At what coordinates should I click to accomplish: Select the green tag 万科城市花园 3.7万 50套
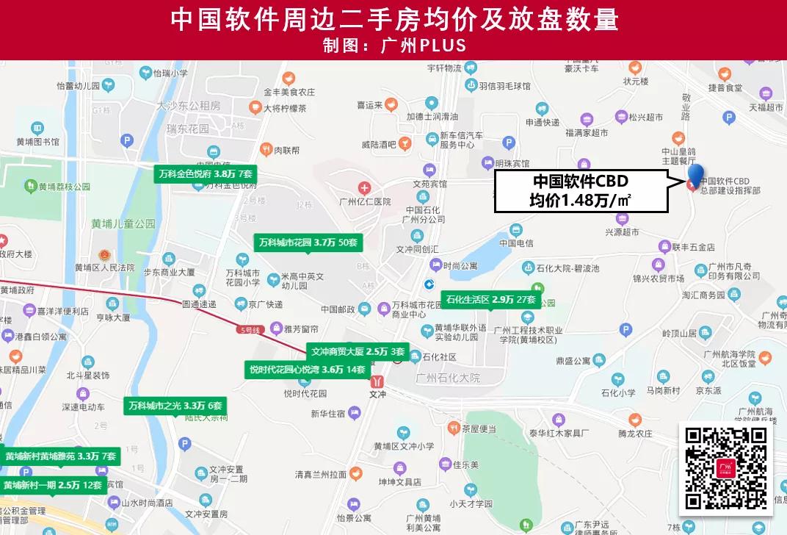point(308,242)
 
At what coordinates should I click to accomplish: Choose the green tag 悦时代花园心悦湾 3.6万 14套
point(307,370)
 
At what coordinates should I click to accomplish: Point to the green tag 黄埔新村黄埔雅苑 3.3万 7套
point(60,456)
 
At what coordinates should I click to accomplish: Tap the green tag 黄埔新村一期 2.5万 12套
point(52,485)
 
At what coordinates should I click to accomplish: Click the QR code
point(726,468)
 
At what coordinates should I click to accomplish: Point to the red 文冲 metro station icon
point(378,381)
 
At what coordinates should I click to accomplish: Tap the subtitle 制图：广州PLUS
point(393,45)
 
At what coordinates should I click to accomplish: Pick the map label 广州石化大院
point(447,378)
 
